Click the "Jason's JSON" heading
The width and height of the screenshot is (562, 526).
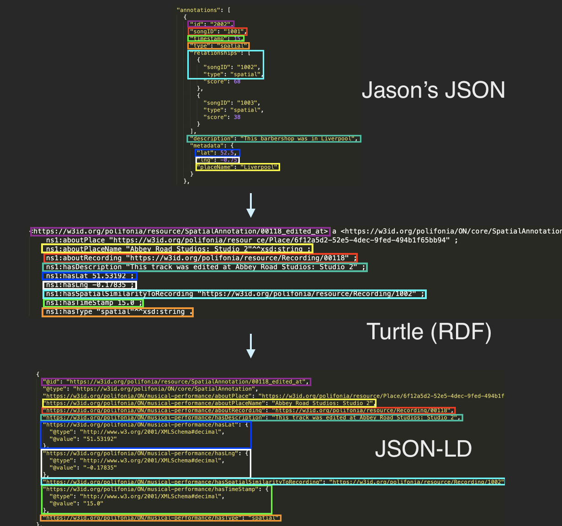tap(433, 90)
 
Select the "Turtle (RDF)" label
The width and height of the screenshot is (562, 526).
tap(429, 331)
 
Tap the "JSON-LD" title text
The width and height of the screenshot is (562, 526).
tap(423, 449)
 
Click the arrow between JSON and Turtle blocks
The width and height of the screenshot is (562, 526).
tap(250, 205)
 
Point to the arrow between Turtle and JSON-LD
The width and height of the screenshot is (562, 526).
tap(250, 346)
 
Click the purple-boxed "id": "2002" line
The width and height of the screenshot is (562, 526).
tap(211, 24)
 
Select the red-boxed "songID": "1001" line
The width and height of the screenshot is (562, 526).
tap(217, 32)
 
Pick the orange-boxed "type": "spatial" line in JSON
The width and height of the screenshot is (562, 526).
tap(218, 46)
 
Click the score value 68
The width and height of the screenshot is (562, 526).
tap(237, 81)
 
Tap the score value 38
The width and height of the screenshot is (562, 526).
tap(237, 117)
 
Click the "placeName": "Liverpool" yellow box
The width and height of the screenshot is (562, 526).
tap(238, 167)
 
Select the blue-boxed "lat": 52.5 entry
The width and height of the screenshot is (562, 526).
tap(217, 153)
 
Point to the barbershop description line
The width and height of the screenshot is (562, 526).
tap(274, 138)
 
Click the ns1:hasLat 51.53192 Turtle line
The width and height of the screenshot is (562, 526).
tap(90, 276)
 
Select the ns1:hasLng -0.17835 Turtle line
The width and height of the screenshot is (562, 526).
tap(90, 285)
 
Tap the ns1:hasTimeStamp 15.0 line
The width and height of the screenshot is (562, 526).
tap(93, 303)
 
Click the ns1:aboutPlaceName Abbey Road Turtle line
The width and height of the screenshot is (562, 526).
tap(177, 249)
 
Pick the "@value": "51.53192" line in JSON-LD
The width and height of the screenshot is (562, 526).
tap(83, 439)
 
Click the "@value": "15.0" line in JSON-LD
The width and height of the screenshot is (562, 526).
tap(76, 503)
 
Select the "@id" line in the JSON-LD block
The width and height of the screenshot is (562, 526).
tap(175, 382)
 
